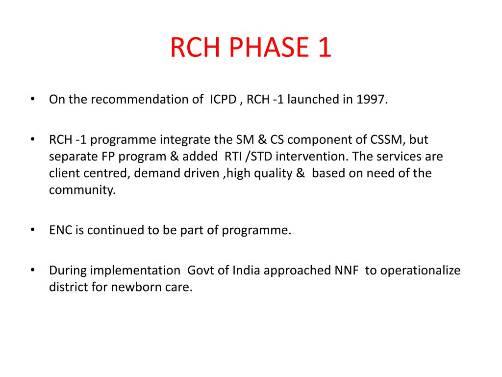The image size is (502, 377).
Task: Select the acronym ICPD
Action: pyautogui.click(x=222, y=100)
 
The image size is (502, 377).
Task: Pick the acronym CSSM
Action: pyautogui.click(x=387, y=140)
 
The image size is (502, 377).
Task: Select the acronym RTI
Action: pyautogui.click(x=233, y=157)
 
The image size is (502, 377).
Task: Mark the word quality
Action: pyautogui.click(x=273, y=173)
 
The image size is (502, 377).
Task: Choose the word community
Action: pyautogui.click(x=82, y=190)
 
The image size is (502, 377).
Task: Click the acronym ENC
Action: pyautogui.click(x=61, y=230)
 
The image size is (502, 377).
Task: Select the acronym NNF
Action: pyautogui.click(x=347, y=270)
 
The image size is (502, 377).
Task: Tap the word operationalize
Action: pyautogui.click(x=420, y=270)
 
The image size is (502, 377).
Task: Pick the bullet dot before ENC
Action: pyautogui.click(x=32, y=230)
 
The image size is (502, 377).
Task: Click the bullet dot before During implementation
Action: pyautogui.click(x=32, y=270)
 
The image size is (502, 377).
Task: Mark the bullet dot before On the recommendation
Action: pyautogui.click(x=32, y=99)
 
